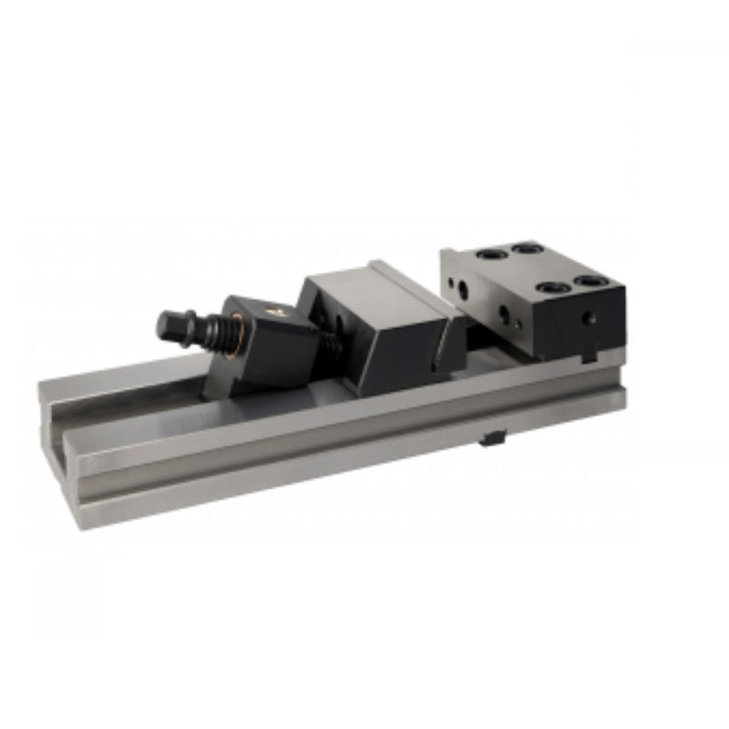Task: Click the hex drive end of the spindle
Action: (x=168, y=323)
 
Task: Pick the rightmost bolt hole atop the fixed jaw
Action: (x=590, y=281)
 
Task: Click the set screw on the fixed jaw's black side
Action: (x=590, y=318)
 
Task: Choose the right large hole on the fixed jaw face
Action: (x=505, y=314)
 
